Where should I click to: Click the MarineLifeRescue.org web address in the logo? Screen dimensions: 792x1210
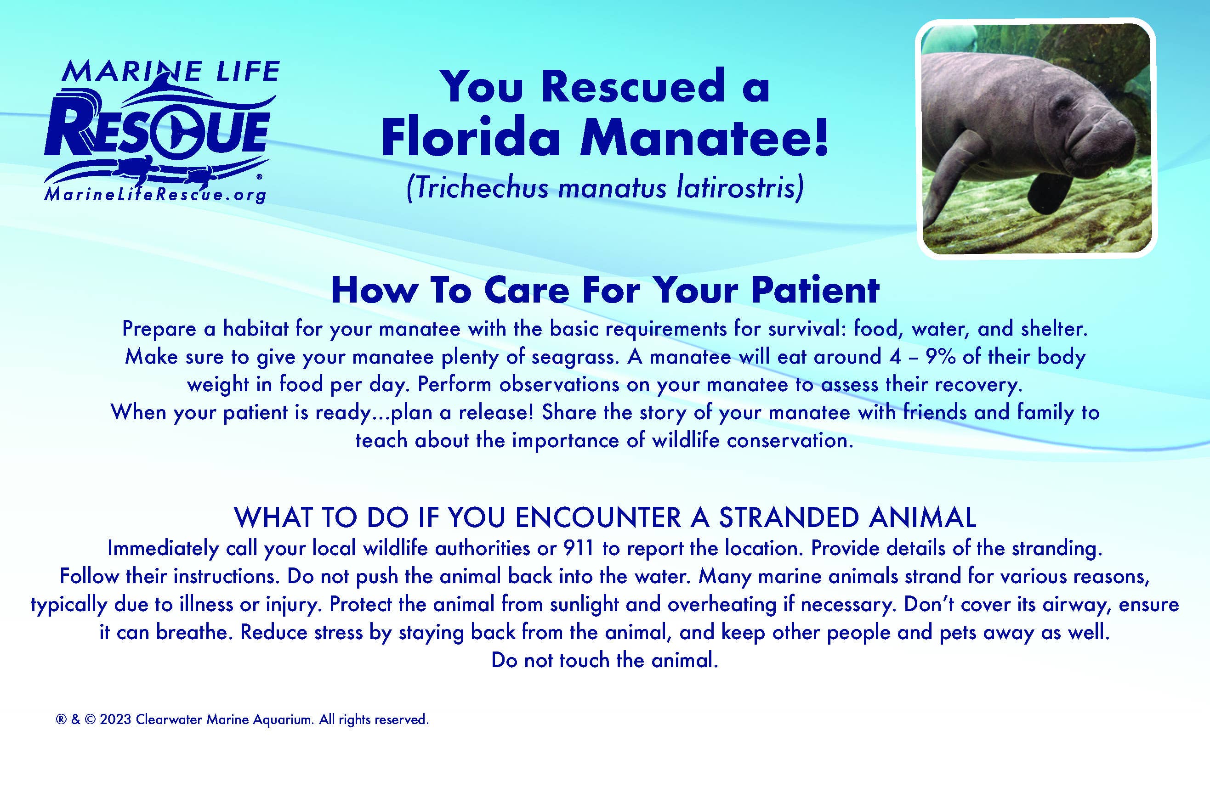click(x=155, y=195)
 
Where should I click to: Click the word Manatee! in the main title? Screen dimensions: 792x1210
click(x=704, y=138)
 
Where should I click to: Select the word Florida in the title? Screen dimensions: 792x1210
click(x=471, y=138)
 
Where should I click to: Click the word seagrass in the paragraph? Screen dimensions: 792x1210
click(x=575, y=358)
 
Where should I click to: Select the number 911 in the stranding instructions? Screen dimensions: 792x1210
click(x=579, y=548)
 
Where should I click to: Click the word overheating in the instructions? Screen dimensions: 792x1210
click(x=721, y=604)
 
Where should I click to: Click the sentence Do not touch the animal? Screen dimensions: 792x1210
click(x=604, y=660)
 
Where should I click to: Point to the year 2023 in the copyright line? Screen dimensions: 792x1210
click(x=115, y=719)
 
